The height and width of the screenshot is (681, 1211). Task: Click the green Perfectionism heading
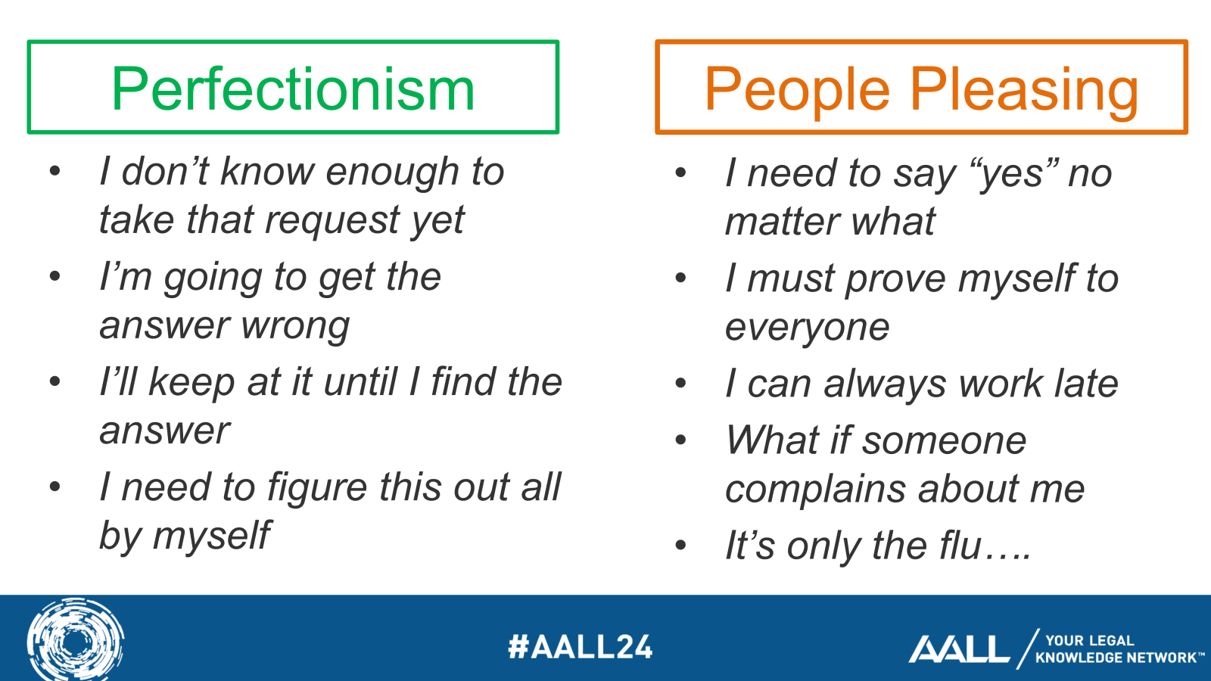click(x=293, y=89)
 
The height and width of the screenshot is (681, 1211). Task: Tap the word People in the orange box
click(x=796, y=89)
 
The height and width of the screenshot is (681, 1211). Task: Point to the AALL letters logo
click(x=959, y=649)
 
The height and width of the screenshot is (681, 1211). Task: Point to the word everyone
click(x=807, y=328)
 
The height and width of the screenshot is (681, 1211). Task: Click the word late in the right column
click(x=1085, y=384)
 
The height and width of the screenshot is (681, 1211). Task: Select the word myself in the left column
click(x=211, y=536)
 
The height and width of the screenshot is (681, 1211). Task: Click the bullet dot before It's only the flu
click(x=680, y=545)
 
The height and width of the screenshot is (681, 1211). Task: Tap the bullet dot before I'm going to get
click(x=54, y=276)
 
